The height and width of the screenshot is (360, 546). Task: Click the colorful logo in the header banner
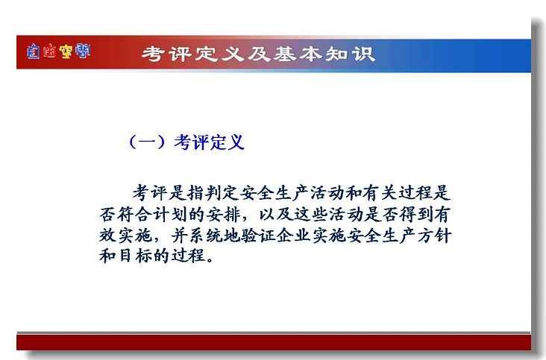pos(58,51)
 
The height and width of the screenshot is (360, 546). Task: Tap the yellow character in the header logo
pos(66,51)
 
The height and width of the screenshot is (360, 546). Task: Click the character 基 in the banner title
pos(284,54)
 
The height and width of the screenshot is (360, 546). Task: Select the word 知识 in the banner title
pos(350,54)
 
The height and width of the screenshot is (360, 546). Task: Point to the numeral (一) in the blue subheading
pos(147,142)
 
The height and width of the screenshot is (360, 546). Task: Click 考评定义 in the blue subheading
pos(210,142)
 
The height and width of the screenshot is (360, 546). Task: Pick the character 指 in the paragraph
pos(195,192)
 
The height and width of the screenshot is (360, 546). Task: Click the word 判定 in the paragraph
pos(222,192)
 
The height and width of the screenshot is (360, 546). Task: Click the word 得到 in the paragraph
pos(416,214)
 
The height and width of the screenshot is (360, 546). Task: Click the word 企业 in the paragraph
pos(293,236)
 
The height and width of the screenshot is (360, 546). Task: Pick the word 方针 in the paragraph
pos(434,236)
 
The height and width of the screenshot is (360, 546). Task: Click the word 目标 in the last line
pos(135,256)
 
